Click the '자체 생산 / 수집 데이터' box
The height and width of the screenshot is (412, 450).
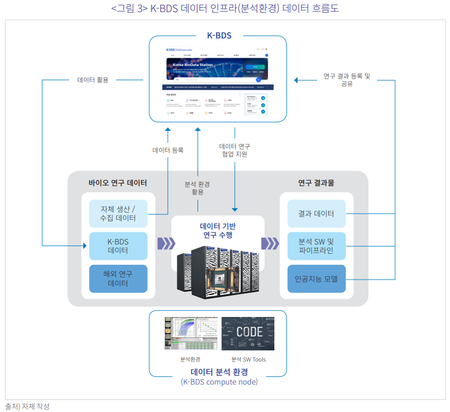tap(118, 213)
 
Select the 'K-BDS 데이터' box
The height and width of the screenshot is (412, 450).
tap(118, 246)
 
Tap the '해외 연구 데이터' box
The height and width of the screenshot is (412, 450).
tap(118, 279)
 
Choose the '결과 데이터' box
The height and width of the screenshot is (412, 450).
tap(316, 213)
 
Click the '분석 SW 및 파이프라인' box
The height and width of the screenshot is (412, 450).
tap(316, 246)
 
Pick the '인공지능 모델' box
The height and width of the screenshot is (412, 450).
tap(316, 279)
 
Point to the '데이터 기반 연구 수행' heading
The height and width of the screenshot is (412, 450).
tap(218, 230)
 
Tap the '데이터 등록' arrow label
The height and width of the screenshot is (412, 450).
tap(168, 149)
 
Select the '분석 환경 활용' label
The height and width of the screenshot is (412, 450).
tap(198, 188)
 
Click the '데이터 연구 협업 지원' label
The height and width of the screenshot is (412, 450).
tap(235, 150)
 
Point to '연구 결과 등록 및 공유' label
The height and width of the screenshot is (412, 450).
tap(347, 80)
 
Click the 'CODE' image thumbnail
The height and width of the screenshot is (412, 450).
tap(249, 333)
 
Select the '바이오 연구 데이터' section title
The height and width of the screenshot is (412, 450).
tap(117, 183)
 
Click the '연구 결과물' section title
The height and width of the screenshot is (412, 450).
tap(316, 183)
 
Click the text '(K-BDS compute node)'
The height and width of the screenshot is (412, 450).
tap(219, 382)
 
